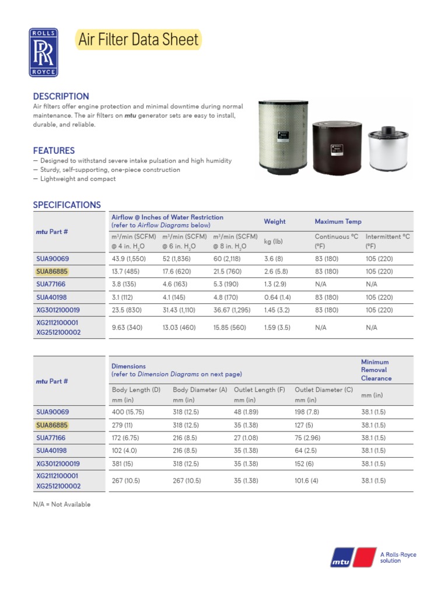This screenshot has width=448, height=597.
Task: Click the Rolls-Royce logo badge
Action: tap(44, 52)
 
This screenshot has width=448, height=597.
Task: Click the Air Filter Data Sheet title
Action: tap(138, 40)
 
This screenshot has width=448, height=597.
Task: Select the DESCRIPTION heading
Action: tap(61, 96)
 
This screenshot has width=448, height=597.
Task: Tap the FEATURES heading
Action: tap(54, 150)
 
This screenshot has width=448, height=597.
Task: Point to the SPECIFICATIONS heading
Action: tap(67, 205)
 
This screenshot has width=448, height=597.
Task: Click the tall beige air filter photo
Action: tap(283, 139)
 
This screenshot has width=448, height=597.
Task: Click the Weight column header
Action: tap(275, 222)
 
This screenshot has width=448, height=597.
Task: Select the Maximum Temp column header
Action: tap(338, 222)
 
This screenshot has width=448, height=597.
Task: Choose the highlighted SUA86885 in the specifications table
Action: tap(52, 271)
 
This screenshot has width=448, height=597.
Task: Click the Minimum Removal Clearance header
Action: tap(376, 370)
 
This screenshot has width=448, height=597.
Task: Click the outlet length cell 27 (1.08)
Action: tap(246, 437)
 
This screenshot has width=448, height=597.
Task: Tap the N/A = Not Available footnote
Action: tap(62, 504)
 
